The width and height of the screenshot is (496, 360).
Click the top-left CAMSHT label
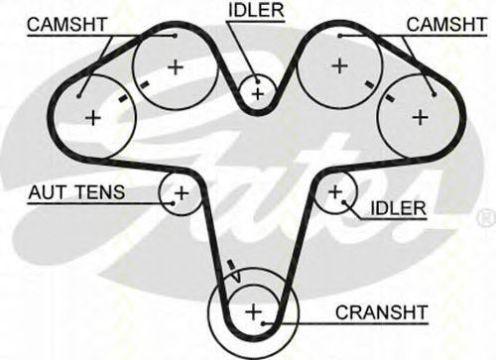[67, 24]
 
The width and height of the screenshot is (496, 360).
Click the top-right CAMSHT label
[446, 24]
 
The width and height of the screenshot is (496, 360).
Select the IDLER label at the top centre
[256, 10]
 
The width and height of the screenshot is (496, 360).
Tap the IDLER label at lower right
[399, 208]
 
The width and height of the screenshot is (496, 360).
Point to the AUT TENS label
[76, 192]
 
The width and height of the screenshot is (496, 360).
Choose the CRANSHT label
[382, 312]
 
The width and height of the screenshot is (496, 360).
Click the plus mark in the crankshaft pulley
[254, 311]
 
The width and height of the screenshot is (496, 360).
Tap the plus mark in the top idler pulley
[258, 94]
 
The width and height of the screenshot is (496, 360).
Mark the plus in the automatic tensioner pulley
[182, 193]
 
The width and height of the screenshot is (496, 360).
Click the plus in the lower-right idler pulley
[335, 191]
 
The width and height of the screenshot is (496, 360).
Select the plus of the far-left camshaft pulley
[93, 117]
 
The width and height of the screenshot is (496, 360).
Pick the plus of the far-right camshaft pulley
[421, 117]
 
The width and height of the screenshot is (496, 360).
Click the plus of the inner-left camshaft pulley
[176, 67]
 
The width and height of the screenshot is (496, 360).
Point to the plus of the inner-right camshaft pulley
[339, 65]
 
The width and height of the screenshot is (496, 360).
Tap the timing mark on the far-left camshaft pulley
[123, 98]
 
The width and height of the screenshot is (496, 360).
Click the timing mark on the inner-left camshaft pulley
[144, 85]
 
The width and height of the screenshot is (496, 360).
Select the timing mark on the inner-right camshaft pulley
[369, 84]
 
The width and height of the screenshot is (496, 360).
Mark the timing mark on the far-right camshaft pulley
[390, 97]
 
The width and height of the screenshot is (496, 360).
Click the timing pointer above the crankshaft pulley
[234, 271]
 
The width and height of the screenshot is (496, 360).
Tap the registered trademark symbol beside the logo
[486, 219]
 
